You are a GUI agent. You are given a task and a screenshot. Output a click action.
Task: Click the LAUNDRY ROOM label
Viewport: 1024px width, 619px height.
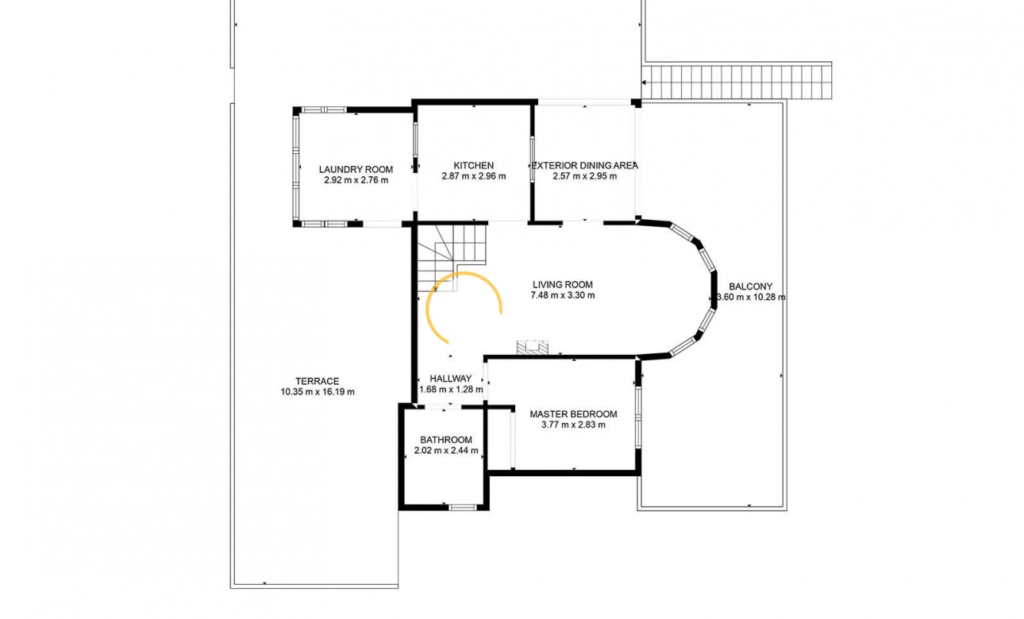[356, 170]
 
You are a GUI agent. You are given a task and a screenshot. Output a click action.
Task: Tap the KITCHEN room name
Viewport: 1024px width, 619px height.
[474, 166]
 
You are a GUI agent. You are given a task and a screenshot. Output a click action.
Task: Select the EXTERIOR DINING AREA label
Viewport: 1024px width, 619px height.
[585, 166]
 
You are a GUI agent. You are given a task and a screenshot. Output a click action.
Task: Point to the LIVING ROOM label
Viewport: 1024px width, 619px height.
[563, 284]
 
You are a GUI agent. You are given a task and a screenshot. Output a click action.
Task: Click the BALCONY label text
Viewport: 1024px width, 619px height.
[751, 286]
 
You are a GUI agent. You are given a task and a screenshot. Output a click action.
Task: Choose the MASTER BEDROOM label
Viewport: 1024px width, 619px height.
[573, 414]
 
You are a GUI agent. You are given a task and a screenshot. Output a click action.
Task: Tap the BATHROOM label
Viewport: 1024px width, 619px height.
[446, 440]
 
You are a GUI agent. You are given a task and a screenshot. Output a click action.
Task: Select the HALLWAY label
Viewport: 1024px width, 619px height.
[451, 379]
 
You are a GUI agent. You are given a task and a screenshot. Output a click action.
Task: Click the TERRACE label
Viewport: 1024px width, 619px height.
[318, 381]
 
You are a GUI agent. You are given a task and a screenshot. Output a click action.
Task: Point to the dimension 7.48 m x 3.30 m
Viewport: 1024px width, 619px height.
[563, 295]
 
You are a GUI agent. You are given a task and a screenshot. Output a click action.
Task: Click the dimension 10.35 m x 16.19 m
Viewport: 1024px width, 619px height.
[318, 392]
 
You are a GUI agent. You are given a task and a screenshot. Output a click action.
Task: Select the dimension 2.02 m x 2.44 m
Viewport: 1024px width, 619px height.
[446, 451]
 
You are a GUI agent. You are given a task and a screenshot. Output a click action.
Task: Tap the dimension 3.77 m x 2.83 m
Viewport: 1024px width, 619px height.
[573, 425]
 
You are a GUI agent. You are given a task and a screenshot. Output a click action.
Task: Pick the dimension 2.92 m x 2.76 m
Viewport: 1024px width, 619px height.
[356, 180]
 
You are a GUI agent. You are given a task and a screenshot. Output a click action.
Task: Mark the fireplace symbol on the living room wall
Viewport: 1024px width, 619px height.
[532, 347]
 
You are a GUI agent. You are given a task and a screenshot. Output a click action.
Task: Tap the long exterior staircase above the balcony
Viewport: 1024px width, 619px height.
[736, 82]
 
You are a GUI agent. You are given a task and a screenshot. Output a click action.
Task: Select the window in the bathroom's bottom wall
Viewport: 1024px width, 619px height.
[462, 507]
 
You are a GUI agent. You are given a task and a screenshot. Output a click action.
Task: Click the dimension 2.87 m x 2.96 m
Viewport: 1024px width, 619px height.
[474, 176]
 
